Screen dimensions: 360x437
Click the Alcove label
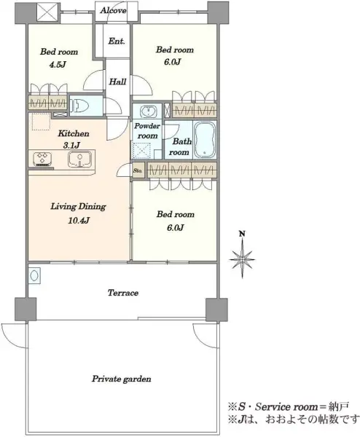113,11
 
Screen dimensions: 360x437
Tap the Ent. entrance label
117,42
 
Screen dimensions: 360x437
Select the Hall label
117,82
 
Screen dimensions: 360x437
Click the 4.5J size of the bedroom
58,65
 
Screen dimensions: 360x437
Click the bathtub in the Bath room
205,139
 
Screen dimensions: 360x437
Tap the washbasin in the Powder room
147,111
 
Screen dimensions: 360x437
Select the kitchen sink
79,159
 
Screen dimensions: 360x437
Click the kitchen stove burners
43,159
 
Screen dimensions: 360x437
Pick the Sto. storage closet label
138,170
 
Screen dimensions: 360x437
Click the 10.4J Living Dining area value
79,221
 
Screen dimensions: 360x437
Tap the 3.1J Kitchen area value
73,145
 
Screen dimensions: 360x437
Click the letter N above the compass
243,234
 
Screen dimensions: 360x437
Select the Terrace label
123,293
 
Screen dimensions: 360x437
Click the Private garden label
122,379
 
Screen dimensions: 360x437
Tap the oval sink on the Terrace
34,275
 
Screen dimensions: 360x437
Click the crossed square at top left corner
47,13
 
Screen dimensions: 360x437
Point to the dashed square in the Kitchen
42,122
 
